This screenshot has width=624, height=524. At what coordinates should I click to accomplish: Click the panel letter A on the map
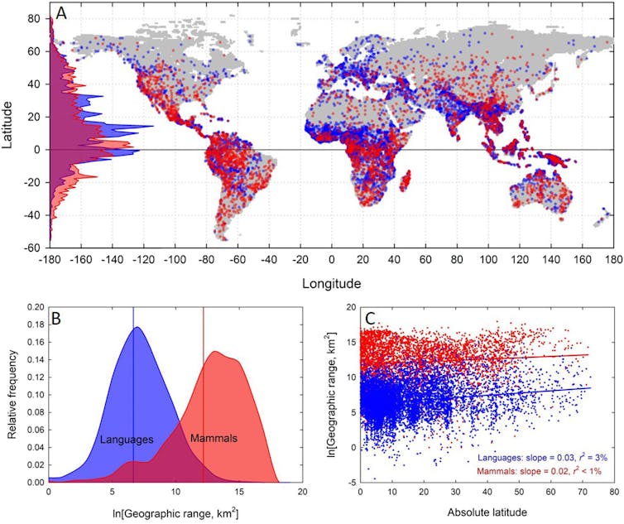pyautogui.click(x=62, y=14)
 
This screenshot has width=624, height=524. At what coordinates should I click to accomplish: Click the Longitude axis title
pyautogui.click(x=331, y=283)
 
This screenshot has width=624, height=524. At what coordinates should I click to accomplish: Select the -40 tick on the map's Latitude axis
pyautogui.click(x=32, y=215)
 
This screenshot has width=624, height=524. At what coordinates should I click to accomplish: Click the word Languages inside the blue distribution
pyautogui.click(x=127, y=439)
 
